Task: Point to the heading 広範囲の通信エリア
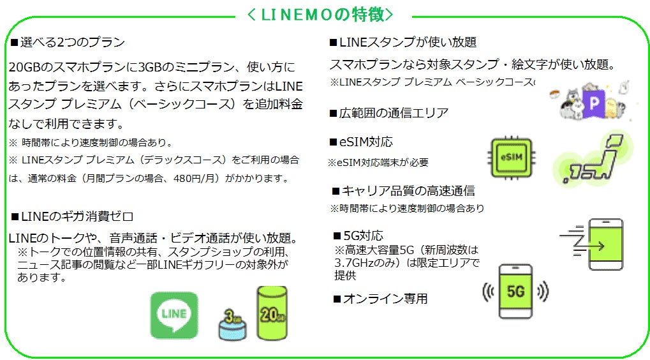pos(388,113)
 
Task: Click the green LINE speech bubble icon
pos(174,315)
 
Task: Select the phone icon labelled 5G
pos(515,291)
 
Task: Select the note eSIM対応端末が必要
pos(378,163)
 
